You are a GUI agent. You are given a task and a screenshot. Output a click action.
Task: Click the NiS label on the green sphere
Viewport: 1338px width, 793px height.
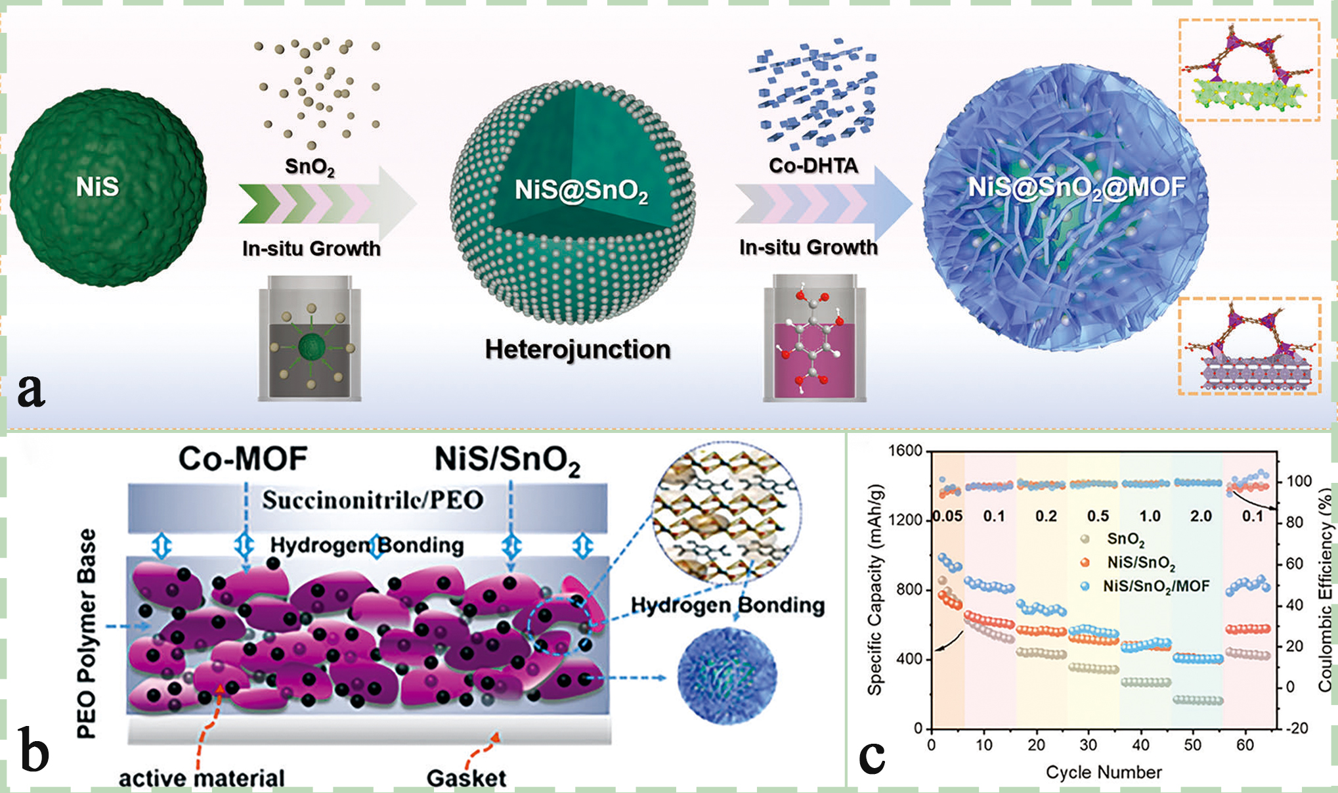(97, 187)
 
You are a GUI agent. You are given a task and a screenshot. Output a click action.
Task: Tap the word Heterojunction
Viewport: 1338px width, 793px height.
(578, 349)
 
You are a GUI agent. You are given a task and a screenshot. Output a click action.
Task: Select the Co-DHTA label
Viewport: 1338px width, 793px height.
(813, 166)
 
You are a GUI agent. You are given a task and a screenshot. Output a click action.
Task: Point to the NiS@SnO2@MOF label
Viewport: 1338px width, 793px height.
(1077, 187)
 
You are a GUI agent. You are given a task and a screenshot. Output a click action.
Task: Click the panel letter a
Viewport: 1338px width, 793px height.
(31, 390)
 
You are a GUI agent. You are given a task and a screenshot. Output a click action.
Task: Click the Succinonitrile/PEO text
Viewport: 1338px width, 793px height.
(373, 501)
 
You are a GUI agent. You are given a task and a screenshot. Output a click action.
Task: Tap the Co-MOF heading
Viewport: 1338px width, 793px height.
(243, 459)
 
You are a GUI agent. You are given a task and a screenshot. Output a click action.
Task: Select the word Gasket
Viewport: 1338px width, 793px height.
(466, 779)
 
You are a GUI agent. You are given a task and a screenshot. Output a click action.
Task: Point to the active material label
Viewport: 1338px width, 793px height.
(202, 779)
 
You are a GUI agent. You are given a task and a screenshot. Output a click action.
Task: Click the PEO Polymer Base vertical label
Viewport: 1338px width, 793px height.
(87, 634)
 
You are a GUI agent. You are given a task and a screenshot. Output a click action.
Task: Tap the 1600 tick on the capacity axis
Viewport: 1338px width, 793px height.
(905, 451)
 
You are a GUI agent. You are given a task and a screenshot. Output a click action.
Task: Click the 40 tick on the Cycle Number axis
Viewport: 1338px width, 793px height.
(1140, 745)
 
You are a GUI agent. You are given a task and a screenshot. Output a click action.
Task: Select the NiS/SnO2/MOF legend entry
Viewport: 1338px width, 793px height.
(1155, 586)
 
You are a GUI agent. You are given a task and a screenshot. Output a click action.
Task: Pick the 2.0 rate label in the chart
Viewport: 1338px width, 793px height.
(1201, 516)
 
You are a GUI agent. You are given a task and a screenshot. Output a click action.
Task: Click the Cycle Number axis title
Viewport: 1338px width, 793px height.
(1104, 773)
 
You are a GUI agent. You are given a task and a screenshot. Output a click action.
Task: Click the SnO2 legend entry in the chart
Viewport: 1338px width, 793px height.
(1125, 539)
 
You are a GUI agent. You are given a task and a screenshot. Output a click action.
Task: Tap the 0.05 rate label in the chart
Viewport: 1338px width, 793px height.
(947, 516)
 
